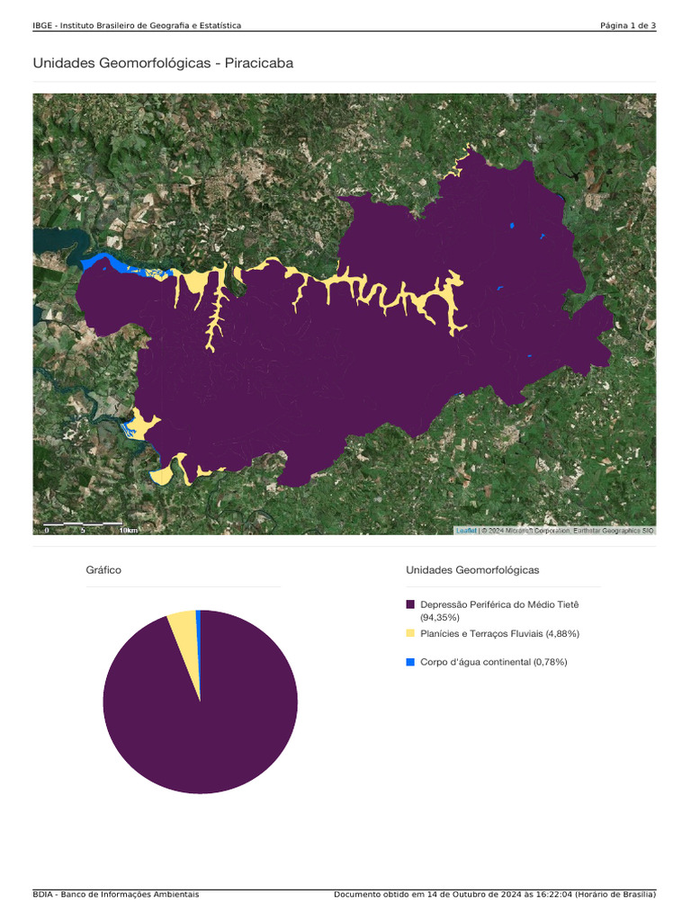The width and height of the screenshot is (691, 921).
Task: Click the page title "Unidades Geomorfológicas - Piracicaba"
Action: (x=163, y=63)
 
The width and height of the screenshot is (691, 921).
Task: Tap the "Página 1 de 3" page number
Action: (x=628, y=25)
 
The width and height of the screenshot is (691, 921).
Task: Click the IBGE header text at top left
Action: (x=136, y=25)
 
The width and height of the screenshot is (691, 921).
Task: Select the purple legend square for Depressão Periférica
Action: (x=410, y=605)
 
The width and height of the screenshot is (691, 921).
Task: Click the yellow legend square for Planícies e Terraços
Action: (x=410, y=633)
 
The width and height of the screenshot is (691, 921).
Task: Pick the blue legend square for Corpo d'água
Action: (x=410, y=662)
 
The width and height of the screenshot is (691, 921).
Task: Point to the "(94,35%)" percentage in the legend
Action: (x=440, y=618)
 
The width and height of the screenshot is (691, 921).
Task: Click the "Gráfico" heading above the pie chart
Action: (x=103, y=570)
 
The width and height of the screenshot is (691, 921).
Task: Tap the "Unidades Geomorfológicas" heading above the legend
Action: (x=472, y=570)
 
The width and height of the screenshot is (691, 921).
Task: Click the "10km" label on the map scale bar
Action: (x=129, y=530)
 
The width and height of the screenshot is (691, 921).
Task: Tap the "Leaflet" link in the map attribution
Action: (x=466, y=531)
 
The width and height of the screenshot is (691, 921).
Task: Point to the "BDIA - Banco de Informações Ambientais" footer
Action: (x=116, y=895)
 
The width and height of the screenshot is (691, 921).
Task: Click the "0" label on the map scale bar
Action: (x=46, y=530)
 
